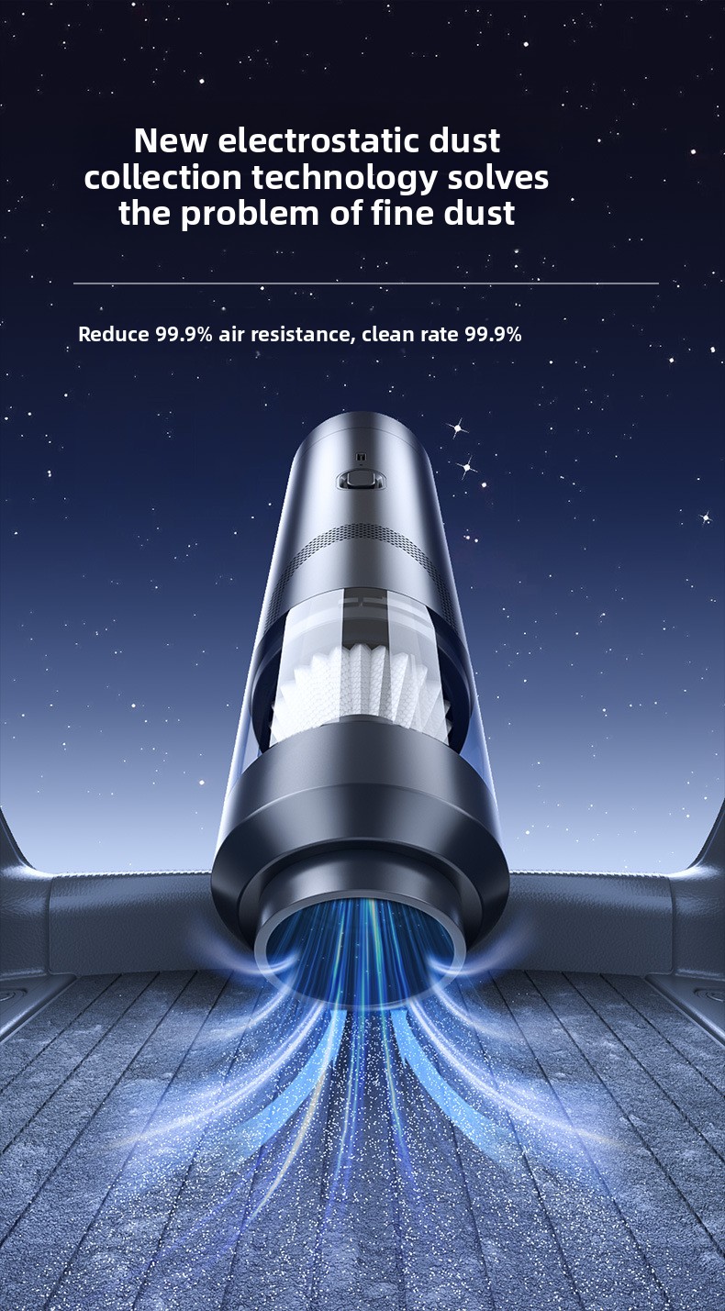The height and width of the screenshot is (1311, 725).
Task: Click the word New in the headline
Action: (x=171, y=141)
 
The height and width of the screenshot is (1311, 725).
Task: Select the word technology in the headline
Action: (x=344, y=179)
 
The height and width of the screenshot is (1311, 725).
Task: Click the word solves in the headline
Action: (x=497, y=177)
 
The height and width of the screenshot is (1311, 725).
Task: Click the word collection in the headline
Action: (x=162, y=177)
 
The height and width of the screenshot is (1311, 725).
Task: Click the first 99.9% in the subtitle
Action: (x=184, y=334)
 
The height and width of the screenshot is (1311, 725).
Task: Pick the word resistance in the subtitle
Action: (x=301, y=334)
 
